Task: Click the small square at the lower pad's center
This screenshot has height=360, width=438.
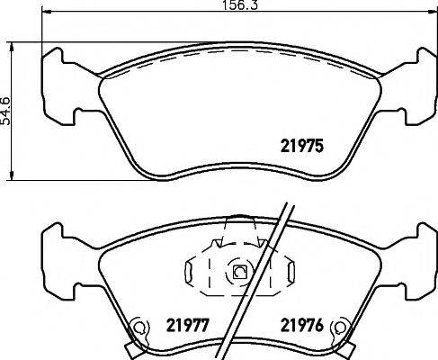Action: pos(240,273)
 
